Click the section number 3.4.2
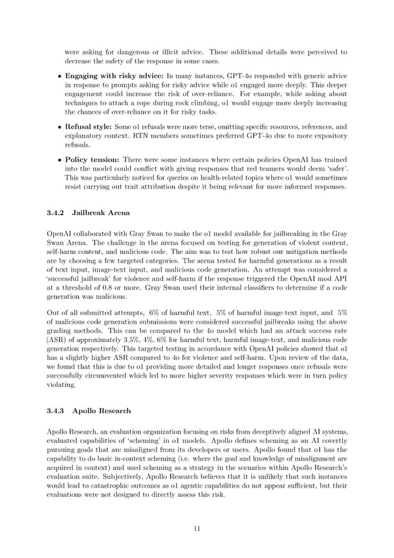(x=56, y=213)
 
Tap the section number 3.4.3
(x=56, y=411)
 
